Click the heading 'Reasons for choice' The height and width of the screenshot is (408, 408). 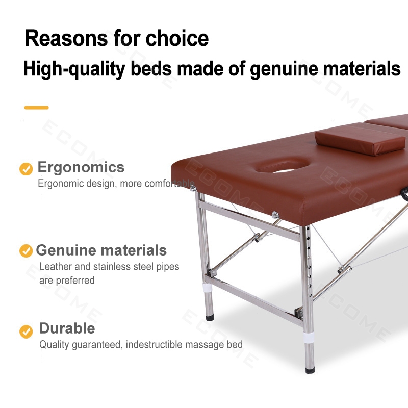(117, 38)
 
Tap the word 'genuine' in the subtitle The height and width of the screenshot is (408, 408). (284, 69)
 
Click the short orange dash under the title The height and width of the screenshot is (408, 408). (36, 108)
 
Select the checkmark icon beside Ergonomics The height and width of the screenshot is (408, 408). (26, 169)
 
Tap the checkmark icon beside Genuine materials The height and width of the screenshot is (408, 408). (26, 250)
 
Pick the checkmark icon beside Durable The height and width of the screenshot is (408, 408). (26, 331)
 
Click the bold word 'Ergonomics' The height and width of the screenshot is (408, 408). (81, 168)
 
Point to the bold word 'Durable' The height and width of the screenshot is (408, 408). (67, 328)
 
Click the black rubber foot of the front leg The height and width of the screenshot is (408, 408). (310, 370)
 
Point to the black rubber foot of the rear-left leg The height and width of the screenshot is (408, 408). (210, 317)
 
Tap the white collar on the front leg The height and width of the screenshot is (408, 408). (309, 337)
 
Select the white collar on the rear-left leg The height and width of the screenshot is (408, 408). (208, 287)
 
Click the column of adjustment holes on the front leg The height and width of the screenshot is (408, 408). (309, 262)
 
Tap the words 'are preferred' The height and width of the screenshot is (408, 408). (67, 280)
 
